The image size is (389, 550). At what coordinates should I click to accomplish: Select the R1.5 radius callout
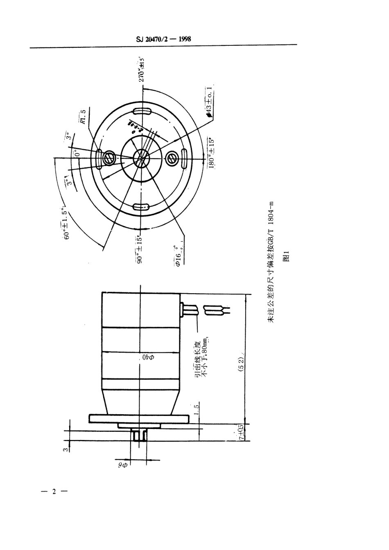click(84, 117)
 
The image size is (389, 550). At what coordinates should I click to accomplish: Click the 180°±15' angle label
click(211, 153)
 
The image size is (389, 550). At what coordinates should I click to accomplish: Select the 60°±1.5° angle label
click(67, 224)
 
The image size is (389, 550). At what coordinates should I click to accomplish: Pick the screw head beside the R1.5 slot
click(109, 158)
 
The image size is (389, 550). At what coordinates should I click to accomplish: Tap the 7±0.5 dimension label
click(241, 432)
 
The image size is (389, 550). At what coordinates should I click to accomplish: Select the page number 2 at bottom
click(54, 491)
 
